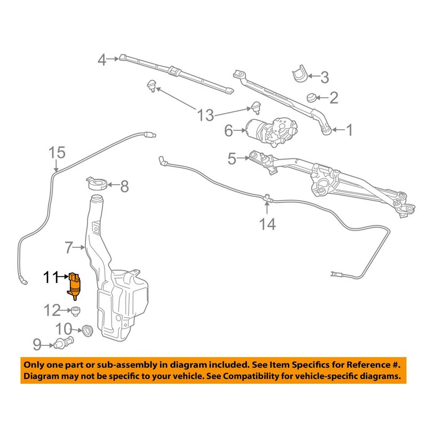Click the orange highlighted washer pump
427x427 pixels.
[x=74, y=286]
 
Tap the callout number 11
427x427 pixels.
[x=51, y=277]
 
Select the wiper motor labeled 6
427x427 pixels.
[x=271, y=131]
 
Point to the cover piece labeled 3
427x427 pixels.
[x=300, y=73]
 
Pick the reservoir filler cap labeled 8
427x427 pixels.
[x=97, y=184]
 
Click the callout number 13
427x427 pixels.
[x=205, y=115]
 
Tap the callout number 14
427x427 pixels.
[x=267, y=224]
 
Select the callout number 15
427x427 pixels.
[x=57, y=153]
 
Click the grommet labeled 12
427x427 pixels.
[x=75, y=311]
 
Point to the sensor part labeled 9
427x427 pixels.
[x=64, y=343]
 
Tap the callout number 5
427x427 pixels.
[x=232, y=159]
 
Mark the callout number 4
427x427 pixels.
[x=102, y=60]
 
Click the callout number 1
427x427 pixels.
[x=349, y=130]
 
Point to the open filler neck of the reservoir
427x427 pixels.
[x=97, y=197]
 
